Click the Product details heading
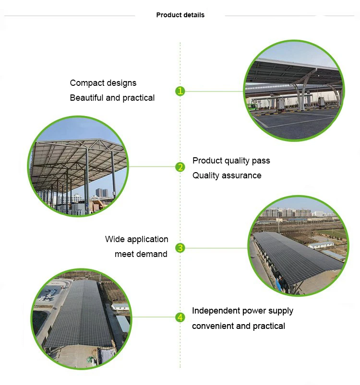click(x=180, y=15)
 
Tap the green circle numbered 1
click(x=180, y=91)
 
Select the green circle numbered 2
click(x=180, y=167)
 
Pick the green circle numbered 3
click(x=180, y=248)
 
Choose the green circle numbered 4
click(x=180, y=317)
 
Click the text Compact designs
click(x=103, y=83)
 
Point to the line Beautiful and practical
click(x=112, y=98)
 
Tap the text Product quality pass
click(x=231, y=161)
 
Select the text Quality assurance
click(x=227, y=175)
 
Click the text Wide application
click(x=137, y=239)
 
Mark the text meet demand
click(x=141, y=254)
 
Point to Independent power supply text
click(x=242, y=311)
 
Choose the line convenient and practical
click(x=239, y=326)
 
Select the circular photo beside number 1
click(x=294, y=91)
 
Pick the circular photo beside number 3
click(x=299, y=246)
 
